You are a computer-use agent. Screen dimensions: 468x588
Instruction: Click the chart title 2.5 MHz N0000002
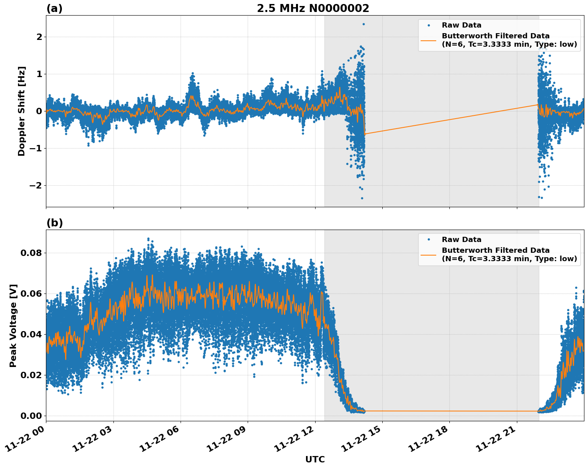coord(313,8)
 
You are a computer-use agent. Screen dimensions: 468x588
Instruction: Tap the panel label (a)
coord(54,8)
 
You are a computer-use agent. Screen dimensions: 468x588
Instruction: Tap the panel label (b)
coord(54,223)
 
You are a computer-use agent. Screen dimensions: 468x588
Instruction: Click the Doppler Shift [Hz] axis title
coord(22,111)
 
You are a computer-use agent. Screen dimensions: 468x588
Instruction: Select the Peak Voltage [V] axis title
coord(13,325)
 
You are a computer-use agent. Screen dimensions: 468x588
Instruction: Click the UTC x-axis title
coord(315,459)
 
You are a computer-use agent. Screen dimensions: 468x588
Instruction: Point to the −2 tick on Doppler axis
coord(35,186)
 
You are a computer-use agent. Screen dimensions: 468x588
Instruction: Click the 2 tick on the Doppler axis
coord(39,37)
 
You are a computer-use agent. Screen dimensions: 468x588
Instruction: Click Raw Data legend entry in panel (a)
coord(461,25)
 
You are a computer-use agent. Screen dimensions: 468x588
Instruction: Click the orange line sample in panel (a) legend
coord(428,40)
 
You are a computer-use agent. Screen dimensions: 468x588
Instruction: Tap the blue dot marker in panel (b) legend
coord(429,240)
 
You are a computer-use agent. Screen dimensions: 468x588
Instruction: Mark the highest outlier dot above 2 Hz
coord(364,24)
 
